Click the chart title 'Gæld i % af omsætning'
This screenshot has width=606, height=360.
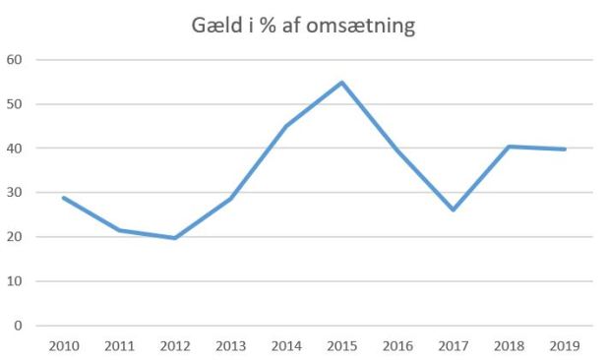pos(303,26)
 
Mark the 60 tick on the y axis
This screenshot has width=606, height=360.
pos(15,60)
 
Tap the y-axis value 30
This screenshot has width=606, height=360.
pos(15,193)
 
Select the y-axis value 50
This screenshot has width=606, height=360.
pos(15,104)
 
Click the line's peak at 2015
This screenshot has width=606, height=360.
pos(341,83)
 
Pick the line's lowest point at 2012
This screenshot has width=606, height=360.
pos(174,238)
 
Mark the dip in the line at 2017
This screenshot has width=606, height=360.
pos(453,210)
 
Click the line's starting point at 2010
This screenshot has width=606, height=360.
pos(63,198)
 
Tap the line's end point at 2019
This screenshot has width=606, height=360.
pos(564,150)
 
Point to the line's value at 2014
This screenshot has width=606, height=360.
pos(285,126)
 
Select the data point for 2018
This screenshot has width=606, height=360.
pos(509,147)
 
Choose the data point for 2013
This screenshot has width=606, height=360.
pos(230,199)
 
